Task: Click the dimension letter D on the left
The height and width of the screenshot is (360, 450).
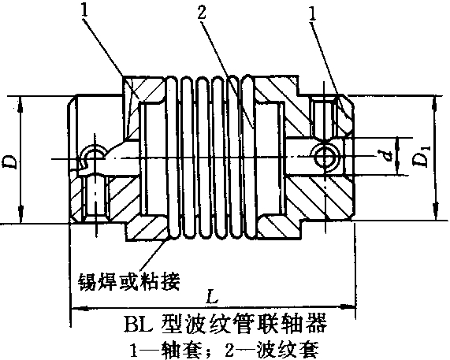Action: point(10,161)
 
